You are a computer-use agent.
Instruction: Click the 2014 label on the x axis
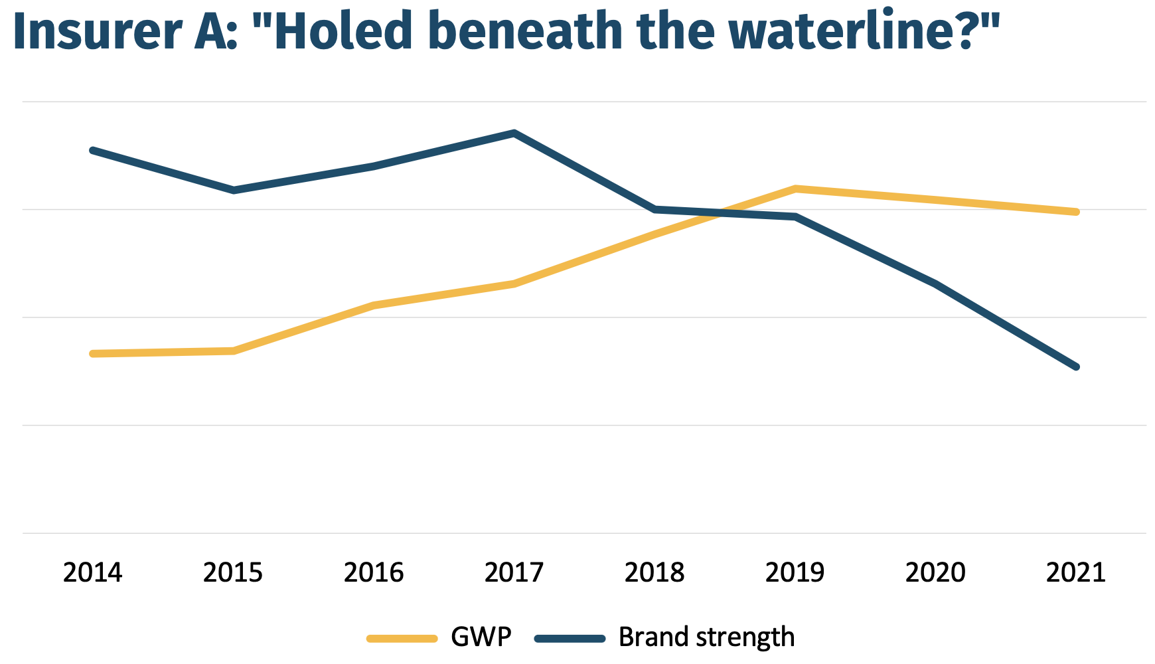click(92, 572)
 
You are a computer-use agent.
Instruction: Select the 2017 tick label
click(514, 572)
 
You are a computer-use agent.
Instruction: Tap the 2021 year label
click(1075, 572)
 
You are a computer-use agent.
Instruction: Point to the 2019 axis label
click(795, 572)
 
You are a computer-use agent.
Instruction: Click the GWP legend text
click(481, 637)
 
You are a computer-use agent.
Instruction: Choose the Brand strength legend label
click(706, 637)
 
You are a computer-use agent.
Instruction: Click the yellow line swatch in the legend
click(402, 639)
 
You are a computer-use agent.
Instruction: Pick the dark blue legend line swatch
click(570, 639)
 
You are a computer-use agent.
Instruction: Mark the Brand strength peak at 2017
click(514, 133)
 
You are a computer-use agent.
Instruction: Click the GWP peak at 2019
click(795, 189)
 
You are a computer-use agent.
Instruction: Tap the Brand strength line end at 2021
click(1076, 367)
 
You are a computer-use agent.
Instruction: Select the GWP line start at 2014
click(92, 354)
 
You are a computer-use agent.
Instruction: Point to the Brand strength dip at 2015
click(234, 191)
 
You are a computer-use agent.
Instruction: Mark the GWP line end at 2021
click(1076, 212)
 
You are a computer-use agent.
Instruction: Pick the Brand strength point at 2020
click(935, 284)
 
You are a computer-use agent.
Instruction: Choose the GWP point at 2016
click(374, 305)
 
